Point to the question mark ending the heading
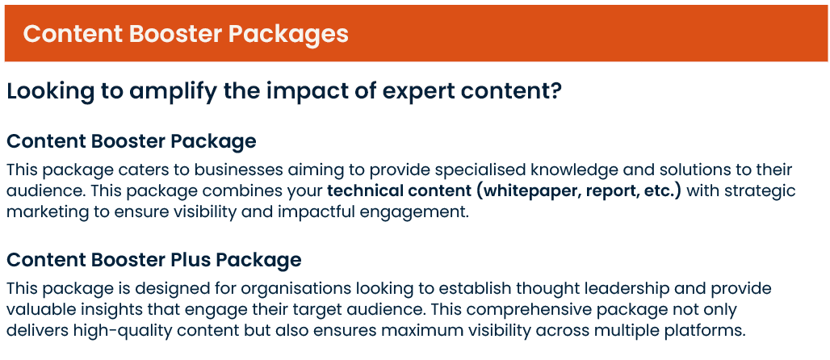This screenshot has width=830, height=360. [x=555, y=90]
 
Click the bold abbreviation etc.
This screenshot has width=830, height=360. [x=659, y=191]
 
